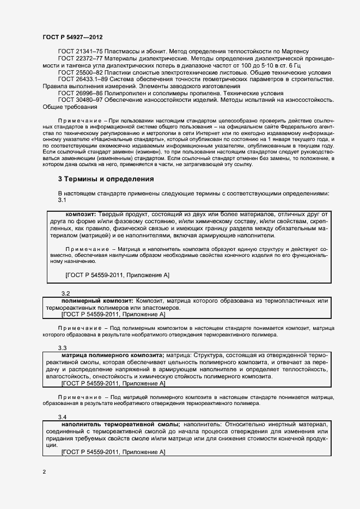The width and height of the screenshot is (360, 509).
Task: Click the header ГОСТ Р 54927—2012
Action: (x=72, y=36)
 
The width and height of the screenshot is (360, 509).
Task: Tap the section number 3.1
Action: (x=62, y=200)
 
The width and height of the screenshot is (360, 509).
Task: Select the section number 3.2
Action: (x=66, y=293)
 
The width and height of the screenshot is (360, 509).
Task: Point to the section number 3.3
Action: (x=62, y=348)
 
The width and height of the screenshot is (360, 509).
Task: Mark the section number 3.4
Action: (x=62, y=417)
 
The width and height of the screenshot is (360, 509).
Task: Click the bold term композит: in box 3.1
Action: (x=81, y=214)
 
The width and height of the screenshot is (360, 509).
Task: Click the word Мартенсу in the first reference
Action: (x=310, y=51)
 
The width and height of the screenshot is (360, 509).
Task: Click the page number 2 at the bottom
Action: (x=44, y=471)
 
